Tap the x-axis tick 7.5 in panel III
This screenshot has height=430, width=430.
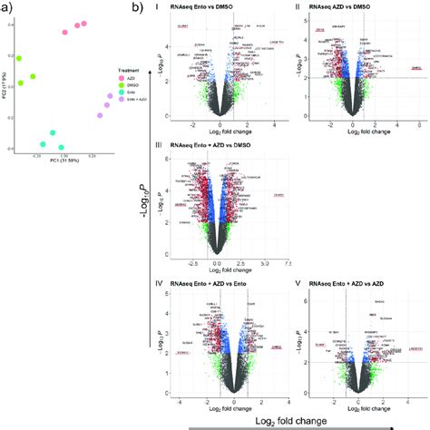click(287, 263)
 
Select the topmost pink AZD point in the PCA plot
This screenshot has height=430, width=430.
click(84, 24)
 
